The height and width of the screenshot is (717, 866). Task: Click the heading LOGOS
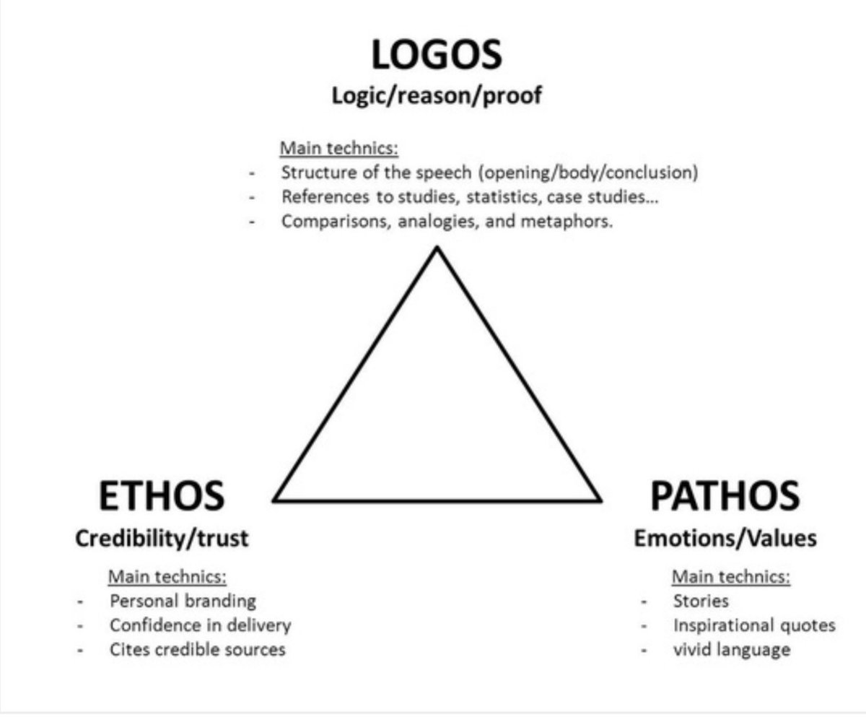click(437, 56)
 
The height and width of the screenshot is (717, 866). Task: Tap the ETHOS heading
click(161, 496)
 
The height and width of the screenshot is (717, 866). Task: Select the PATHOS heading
click(725, 496)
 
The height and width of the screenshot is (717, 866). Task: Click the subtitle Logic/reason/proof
click(436, 96)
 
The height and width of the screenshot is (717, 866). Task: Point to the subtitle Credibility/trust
click(162, 538)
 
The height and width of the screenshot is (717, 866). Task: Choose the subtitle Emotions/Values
click(725, 538)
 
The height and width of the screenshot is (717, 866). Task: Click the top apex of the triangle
click(437, 248)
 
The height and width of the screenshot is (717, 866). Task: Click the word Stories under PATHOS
click(700, 601)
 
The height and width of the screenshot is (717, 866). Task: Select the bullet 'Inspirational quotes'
click(753, 625)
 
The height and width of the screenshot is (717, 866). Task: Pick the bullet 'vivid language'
click(731, 649)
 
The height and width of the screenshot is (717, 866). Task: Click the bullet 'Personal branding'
click(183, 601)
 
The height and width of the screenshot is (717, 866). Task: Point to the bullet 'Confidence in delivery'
click(200, 625)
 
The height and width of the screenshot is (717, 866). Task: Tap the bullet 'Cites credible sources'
click(197, 649)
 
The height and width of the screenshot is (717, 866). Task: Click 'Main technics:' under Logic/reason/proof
click(339, 149)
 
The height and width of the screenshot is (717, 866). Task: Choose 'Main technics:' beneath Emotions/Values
click(730, 577)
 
